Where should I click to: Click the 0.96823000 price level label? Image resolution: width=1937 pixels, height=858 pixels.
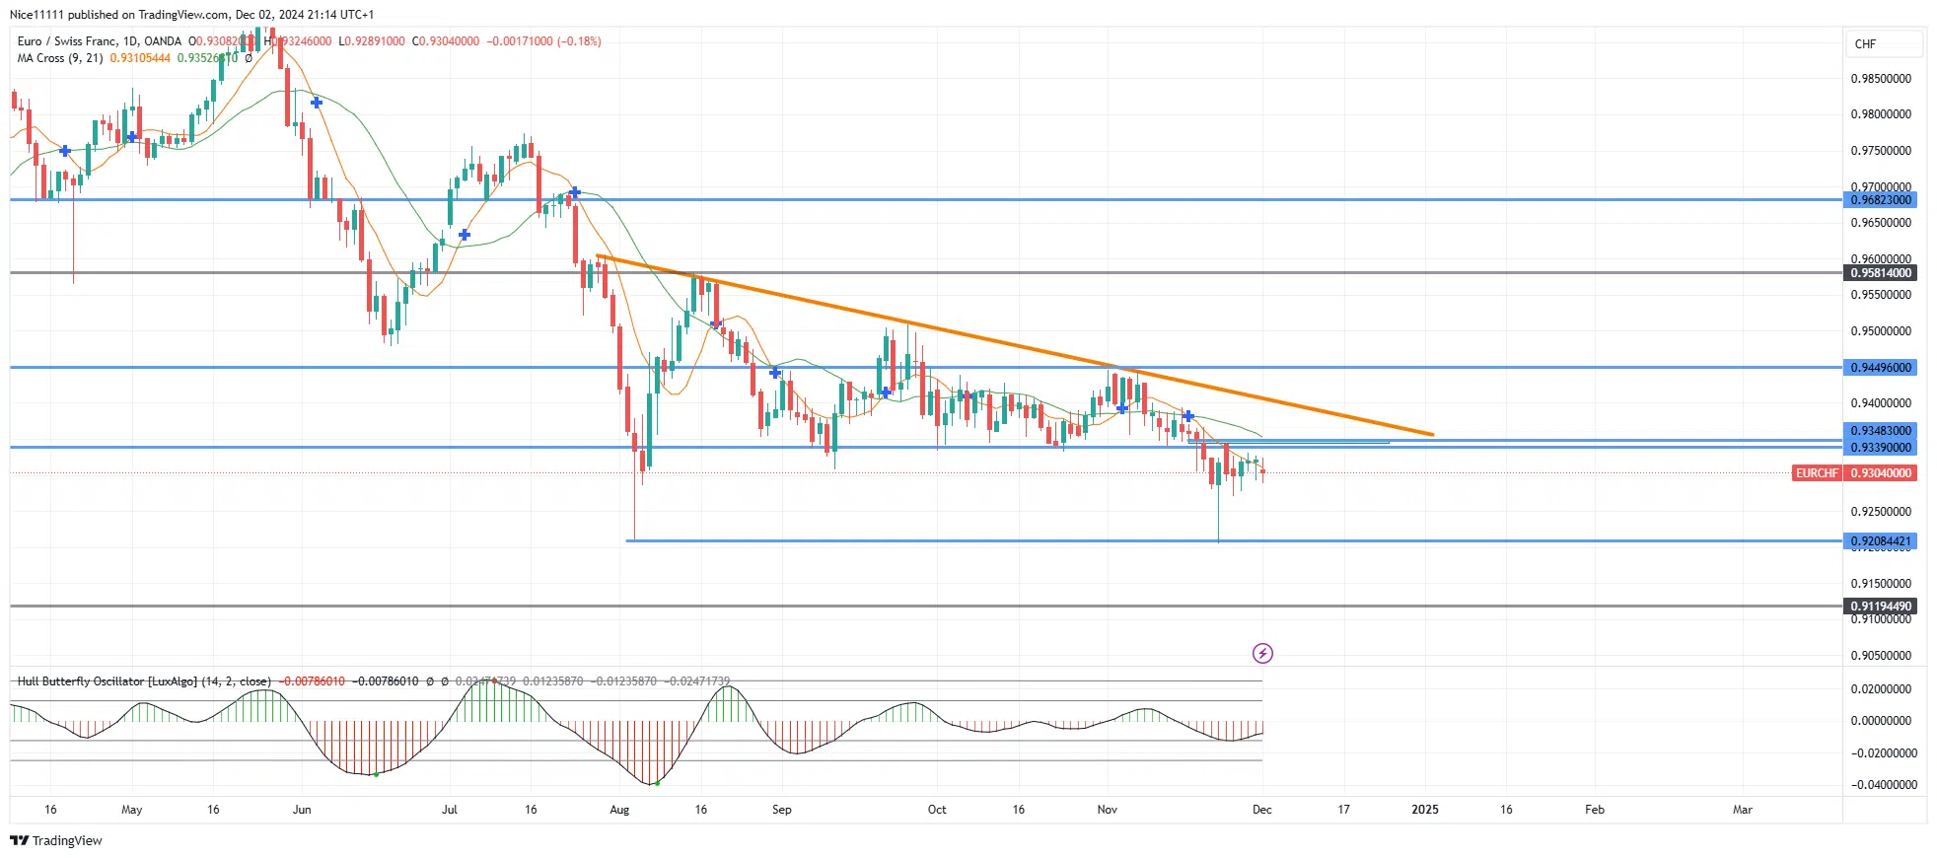coord(1880,200)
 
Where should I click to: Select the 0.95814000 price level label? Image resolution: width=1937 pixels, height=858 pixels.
coord(1880,273)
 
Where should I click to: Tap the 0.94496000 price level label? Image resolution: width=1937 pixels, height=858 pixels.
coord(1880,368)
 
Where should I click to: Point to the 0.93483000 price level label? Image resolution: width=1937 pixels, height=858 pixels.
coord(1880,431)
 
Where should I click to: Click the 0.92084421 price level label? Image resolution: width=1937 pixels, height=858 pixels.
coord(1880,541)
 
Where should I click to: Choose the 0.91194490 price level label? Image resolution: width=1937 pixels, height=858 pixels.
coord(1880,607)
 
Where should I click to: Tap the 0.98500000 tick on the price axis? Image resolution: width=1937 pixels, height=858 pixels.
coord(1880,79)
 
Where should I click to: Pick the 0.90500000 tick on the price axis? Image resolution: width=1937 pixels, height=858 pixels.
coord(1880,656)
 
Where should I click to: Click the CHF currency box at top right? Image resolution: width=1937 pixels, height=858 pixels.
coord(1883,44)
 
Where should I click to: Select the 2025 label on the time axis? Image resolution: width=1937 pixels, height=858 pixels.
coord(1424,810)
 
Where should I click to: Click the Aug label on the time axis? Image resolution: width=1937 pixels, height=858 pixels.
coord(619,810)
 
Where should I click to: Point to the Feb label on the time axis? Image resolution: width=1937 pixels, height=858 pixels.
coord(1594,810)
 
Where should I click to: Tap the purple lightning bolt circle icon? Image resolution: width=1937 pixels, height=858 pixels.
coord(1262,653)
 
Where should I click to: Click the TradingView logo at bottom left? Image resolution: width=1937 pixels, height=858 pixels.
coord(56,841)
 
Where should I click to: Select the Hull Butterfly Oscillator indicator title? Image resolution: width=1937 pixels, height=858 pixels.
coord(144,681)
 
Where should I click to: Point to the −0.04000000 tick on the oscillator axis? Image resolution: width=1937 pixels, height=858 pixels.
coord(1883,785)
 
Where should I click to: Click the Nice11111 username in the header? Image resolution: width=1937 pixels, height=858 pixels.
coord(36,15)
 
